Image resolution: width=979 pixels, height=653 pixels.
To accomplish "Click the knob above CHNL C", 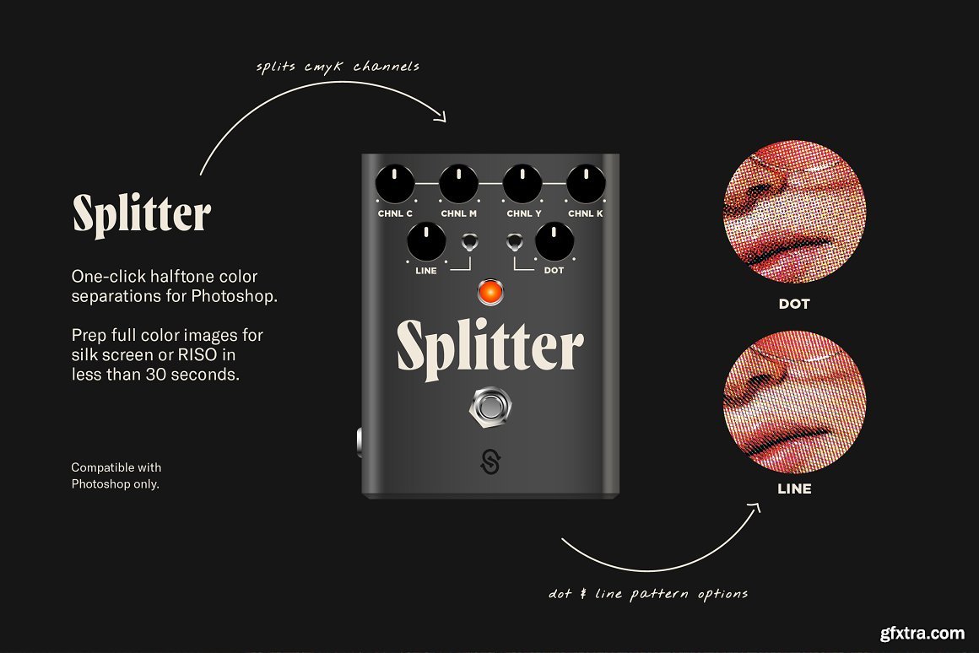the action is coord(395,184).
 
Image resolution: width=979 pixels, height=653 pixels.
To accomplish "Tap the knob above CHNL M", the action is coord(459,184).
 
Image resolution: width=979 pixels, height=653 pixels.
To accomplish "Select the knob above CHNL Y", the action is coord(522,184).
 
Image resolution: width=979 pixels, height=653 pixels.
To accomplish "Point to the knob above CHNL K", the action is coord(586,184).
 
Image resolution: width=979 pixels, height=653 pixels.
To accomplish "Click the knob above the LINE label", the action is coord(426,241).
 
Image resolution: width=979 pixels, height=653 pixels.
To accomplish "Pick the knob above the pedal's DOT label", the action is coord(554,241).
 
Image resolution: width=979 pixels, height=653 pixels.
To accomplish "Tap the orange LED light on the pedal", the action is coord(490,292).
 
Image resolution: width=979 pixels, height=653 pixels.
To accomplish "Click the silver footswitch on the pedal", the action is coord(490,407).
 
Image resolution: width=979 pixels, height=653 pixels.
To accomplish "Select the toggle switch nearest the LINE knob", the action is coord(469,241).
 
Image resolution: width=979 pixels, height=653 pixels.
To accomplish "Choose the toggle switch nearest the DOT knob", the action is coord(515,241).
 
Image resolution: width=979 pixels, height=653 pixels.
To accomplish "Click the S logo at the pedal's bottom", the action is coord(490,461).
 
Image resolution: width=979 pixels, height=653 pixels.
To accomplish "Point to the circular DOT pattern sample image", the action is coord(794,212).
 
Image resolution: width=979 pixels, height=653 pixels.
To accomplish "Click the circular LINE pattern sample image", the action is coord(794,401).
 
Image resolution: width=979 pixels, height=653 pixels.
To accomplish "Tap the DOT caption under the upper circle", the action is coord(794,304).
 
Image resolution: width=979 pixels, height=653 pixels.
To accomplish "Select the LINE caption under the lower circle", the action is coord(794,488).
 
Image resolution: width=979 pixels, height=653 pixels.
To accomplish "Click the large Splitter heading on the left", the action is coord(143,214).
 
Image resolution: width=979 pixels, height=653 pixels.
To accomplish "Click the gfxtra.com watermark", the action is coord(922,633).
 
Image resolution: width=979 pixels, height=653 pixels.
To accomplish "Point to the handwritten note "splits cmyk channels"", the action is coord(338,67).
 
